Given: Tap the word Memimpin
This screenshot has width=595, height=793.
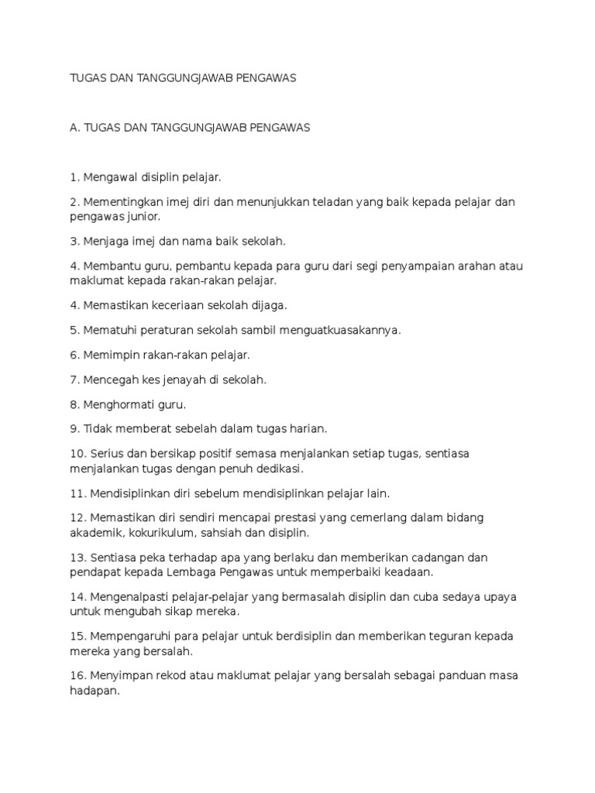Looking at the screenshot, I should (108, 355).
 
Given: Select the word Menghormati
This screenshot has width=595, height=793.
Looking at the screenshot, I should (116, 404).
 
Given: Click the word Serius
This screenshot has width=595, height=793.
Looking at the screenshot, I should (105, 454).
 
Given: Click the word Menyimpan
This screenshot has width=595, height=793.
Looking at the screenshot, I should (116, 676).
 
